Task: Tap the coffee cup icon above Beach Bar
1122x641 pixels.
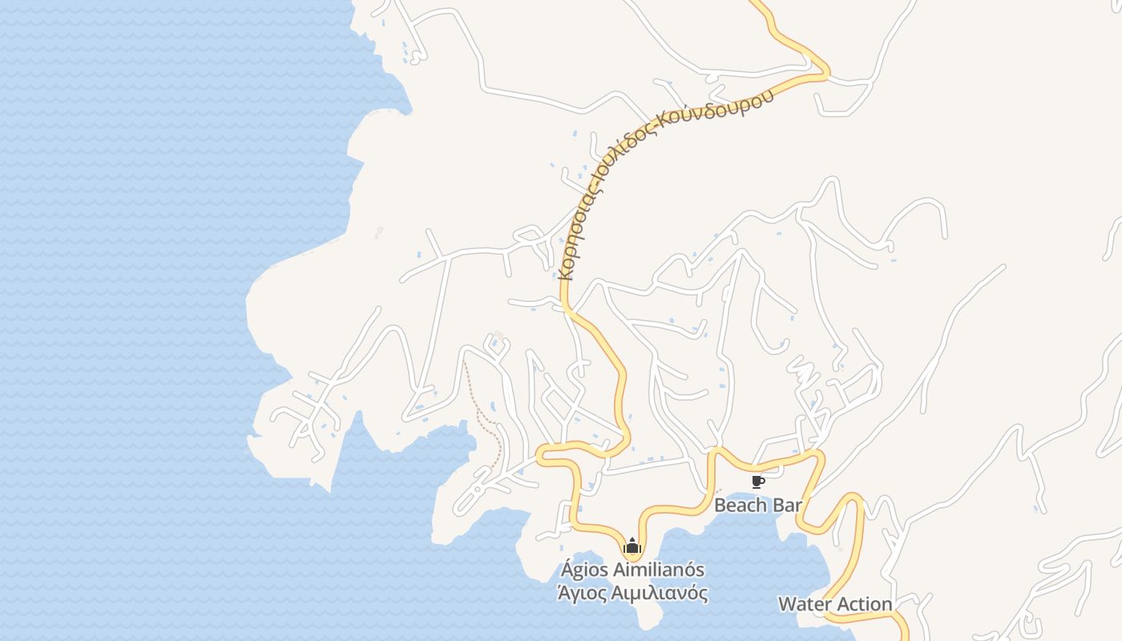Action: [757, 482]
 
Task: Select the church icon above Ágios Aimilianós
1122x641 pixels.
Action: [632, 546]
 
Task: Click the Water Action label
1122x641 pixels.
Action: [835, 604]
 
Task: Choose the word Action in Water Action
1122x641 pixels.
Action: [862, 604]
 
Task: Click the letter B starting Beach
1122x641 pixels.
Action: [720, 506]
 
